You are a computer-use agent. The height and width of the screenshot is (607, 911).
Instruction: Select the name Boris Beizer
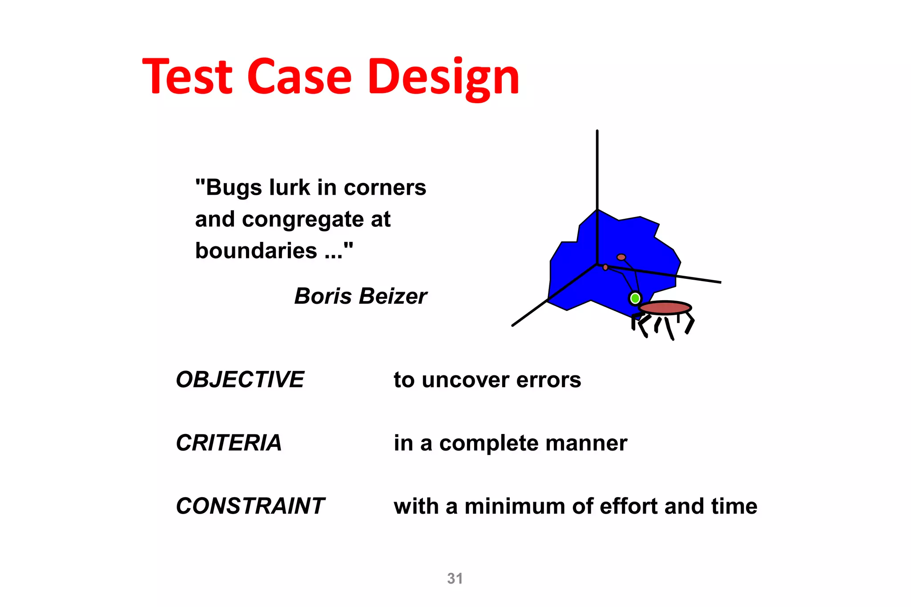point(360,296)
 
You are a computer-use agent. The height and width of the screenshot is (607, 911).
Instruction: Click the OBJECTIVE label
point(240,380)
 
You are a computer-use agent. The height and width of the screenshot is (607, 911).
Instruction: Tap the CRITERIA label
point(229,443)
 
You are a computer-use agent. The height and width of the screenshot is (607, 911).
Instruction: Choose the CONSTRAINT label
point(250,506)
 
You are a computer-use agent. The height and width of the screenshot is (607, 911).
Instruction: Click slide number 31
point(455,578)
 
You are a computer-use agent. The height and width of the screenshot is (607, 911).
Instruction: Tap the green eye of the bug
point(635,298)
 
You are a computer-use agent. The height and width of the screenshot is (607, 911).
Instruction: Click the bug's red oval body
point(665,308)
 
